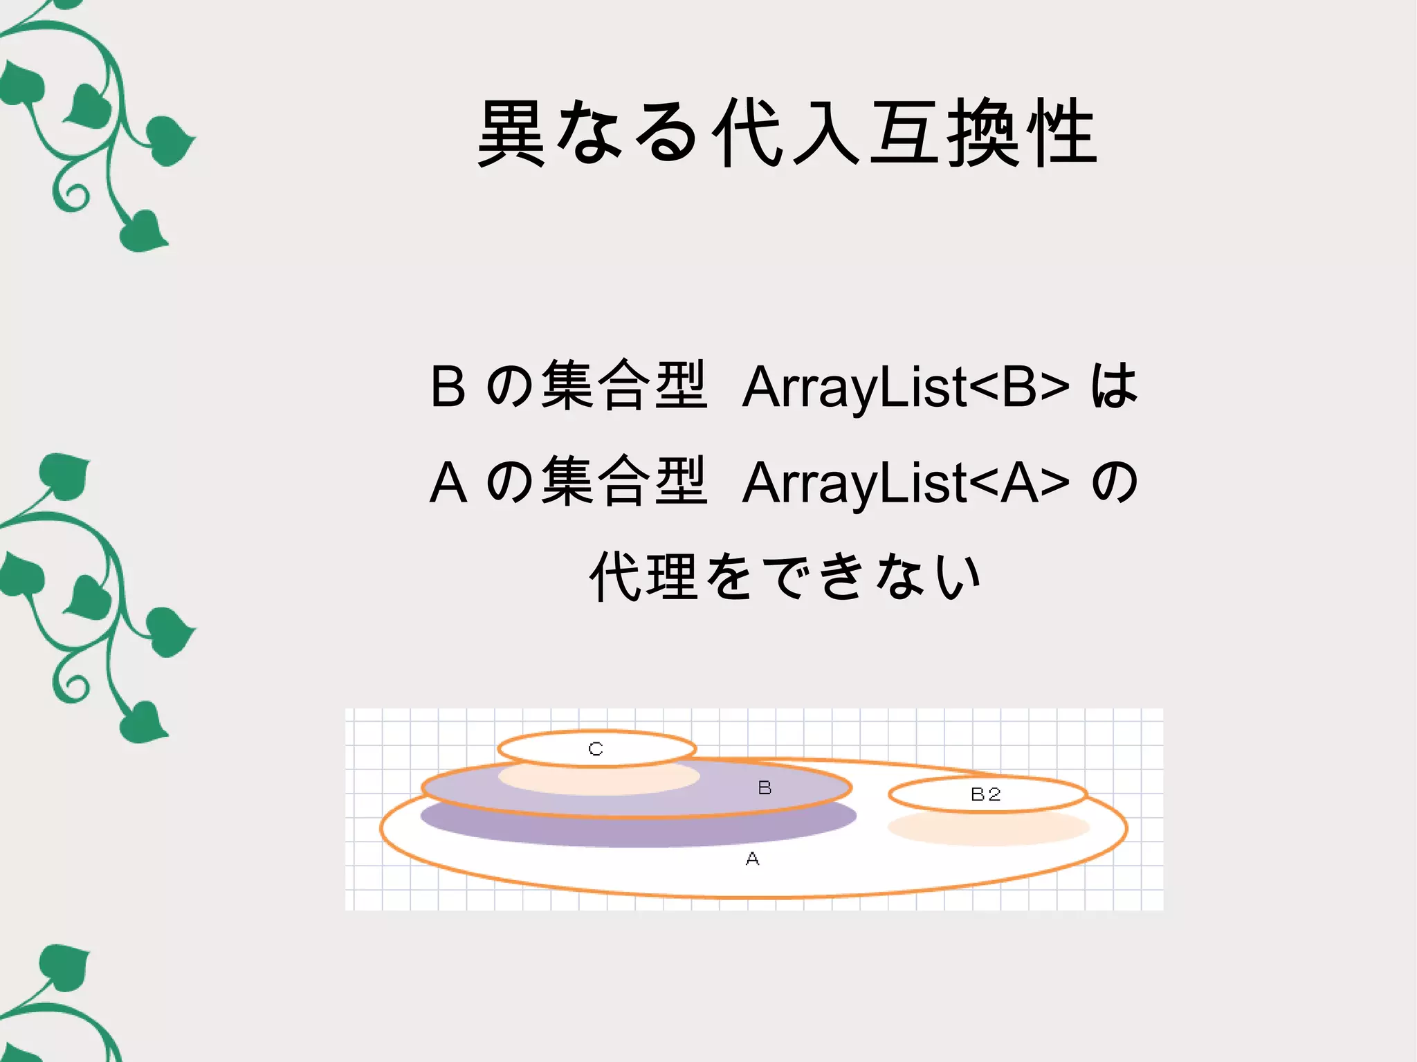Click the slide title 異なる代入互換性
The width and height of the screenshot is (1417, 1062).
click(787, 134)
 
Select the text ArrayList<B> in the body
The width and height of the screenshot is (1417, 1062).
click(905, 387)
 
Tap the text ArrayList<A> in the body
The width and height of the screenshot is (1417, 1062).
click(905, 482)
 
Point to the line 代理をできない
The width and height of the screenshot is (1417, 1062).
click(786, 576)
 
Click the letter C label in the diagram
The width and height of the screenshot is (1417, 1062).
click(596, 749)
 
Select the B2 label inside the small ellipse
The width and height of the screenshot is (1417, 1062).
click(985, 794)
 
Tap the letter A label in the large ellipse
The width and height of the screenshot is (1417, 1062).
click(752, 859)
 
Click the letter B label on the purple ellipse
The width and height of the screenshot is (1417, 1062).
click(765, 787)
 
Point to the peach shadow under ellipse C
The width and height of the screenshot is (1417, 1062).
click(599, 781)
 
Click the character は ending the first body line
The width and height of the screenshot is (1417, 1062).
click(1114, 385)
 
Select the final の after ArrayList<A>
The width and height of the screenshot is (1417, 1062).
click(1114, 482)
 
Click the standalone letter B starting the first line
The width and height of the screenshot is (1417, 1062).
click(448, 387)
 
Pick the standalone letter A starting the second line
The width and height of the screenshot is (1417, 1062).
click(448, 482)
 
